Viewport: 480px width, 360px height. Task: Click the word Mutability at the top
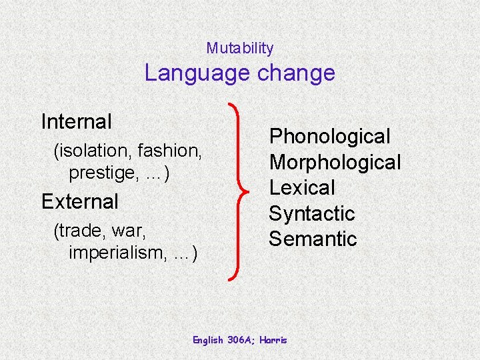(x=239, y=48)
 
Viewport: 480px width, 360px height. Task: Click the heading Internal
(x=76, y=121)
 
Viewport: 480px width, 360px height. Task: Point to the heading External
(x=79, y=201)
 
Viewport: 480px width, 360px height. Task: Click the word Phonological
(x=329, y=137)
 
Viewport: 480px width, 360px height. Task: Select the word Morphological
(x=335, y=162)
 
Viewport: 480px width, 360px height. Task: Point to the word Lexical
(x=302, y=187)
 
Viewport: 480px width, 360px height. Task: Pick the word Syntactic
(x=312, y=213)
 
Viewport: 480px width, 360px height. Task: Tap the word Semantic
(x=313, y=239)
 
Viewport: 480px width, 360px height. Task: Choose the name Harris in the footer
(x=273, y=340)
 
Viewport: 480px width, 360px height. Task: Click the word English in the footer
(x=209, y=340)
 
